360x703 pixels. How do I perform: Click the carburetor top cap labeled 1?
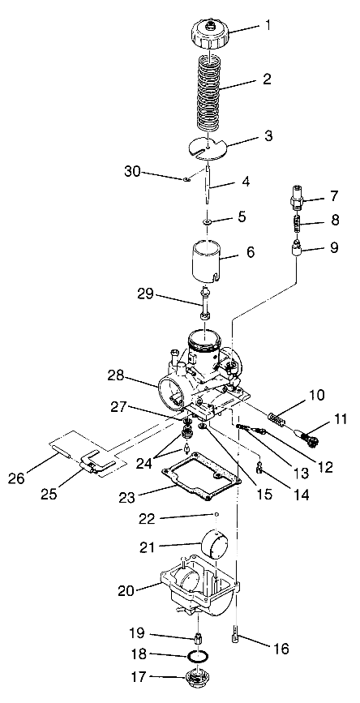(210, 34)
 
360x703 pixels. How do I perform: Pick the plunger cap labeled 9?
(298, 246)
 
